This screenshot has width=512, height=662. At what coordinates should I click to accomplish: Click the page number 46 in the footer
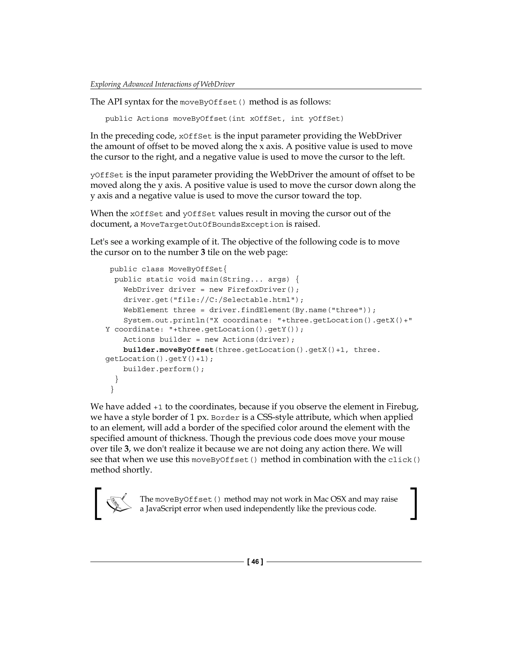coord(255,562)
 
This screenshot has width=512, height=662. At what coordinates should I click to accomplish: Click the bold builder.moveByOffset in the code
coord(168,350)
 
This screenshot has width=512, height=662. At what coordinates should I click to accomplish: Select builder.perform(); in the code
coord(164,369)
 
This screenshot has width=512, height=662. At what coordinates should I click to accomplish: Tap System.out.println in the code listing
coord(164,321)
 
